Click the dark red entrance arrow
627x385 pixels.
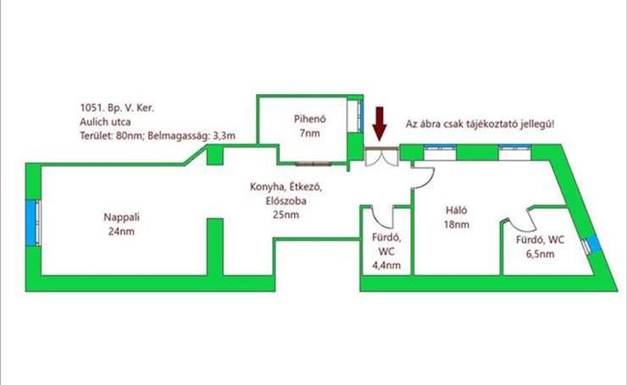(379, 124)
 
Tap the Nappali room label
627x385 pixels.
(121, 217)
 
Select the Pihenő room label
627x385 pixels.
(310, 118)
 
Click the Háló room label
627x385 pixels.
(456, 210)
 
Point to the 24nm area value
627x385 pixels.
(121, 231)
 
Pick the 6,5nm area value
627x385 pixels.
(540, 254)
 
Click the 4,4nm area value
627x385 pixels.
(386, 265)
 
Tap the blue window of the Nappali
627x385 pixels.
(31, 223)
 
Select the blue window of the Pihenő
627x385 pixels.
(360, 116)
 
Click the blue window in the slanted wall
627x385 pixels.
(594, 244)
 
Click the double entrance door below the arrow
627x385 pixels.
(381, 157)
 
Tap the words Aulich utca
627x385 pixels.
(105, 122)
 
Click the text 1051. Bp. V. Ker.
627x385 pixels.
(117, 107)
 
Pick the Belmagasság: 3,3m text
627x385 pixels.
(191, 135)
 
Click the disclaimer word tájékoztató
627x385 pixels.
(492, 124)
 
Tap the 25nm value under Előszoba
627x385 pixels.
(286, 215)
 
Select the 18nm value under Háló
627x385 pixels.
(456, 224)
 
